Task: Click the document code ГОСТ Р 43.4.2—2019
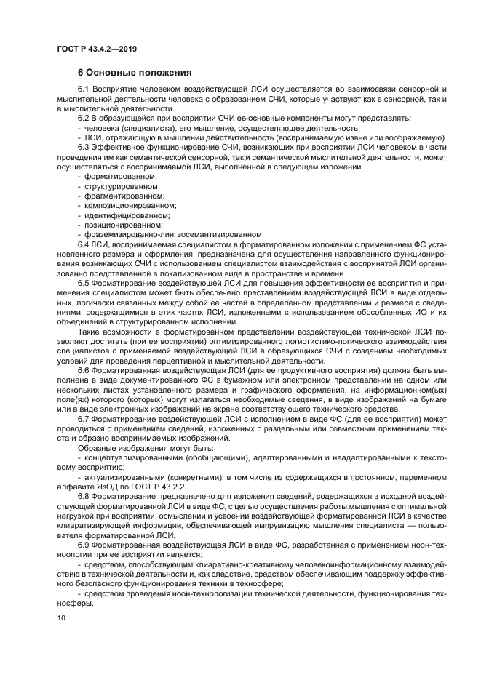coord(97,49)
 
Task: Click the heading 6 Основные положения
coord(135,72)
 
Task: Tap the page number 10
coord(60,618)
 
